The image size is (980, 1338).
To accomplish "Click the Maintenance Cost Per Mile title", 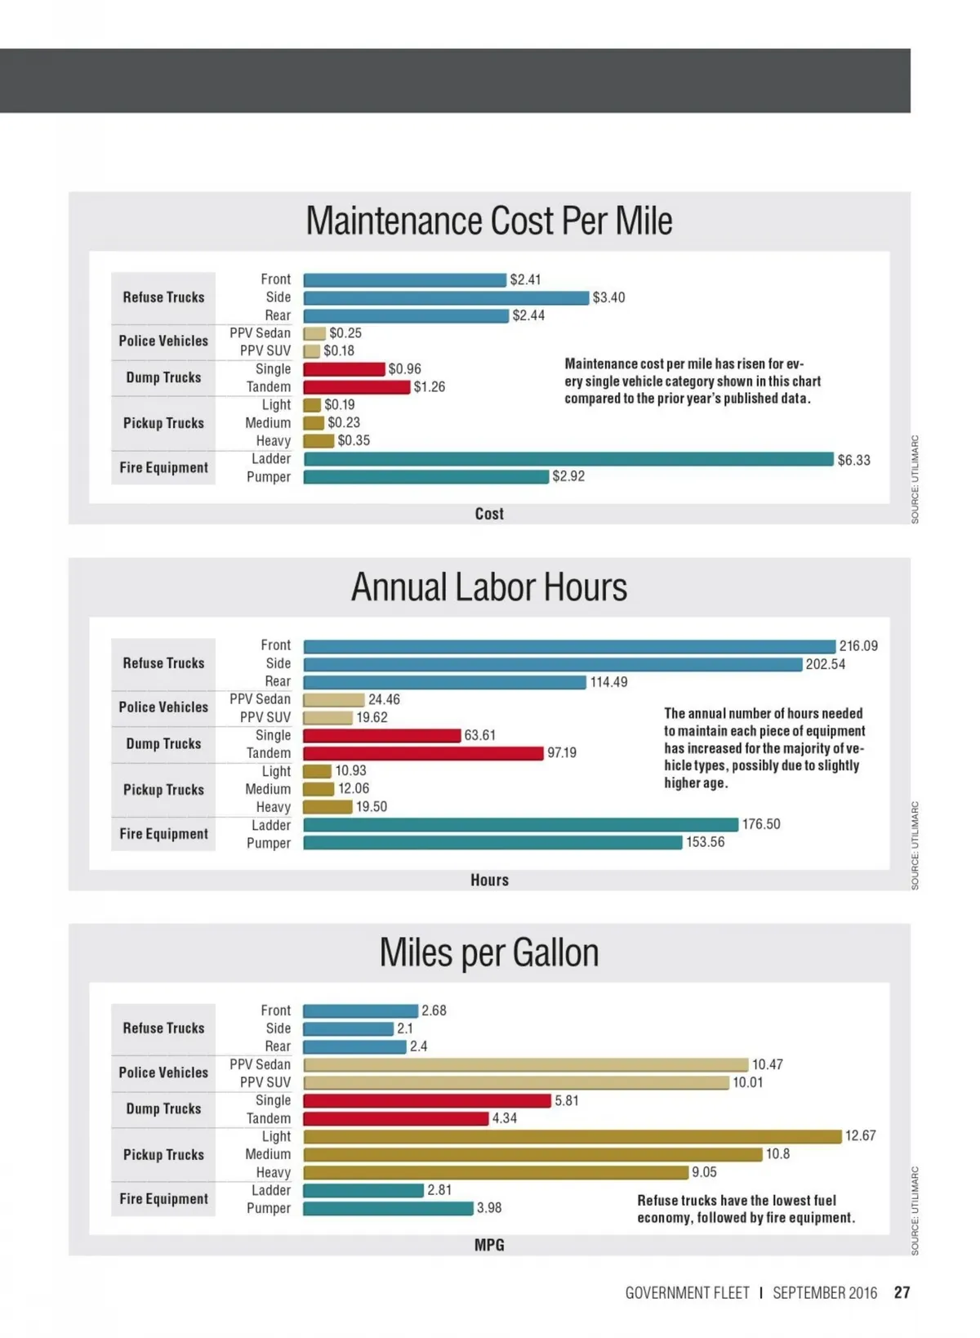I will click(489, 221).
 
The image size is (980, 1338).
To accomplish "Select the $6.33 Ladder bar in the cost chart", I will click(568, 459).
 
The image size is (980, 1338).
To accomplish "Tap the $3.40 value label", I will click(608, 297).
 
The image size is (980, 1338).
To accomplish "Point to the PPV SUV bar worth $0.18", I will click(311, 351).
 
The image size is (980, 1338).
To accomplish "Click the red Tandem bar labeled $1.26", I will click(356, 387).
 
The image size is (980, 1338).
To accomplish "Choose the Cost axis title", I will click(489, 514).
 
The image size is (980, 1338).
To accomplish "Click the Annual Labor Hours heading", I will click(489, 587).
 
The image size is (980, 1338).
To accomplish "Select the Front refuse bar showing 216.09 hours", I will click(569, 646).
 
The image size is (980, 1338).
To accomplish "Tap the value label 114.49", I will click(608, 682).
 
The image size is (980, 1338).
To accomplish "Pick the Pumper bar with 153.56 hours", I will click(492, 842).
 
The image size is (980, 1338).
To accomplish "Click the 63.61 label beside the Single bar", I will click(479, 735).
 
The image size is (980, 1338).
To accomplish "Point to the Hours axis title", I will click(489, 880).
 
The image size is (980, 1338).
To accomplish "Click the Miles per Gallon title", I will click(489, 953).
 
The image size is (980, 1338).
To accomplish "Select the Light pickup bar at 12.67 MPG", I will click(572, 1136).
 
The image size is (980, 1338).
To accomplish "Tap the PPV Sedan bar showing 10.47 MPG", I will click(525, 1064).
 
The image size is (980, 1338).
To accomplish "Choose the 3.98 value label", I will click(489, 1208).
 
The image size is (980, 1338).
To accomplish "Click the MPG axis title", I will click(489, 1245).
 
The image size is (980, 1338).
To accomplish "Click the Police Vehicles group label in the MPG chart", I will click(163, 1073).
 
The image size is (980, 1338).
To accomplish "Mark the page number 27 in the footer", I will click(902, 1293).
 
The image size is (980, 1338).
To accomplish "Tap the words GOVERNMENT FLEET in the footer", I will click(687, 1293).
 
